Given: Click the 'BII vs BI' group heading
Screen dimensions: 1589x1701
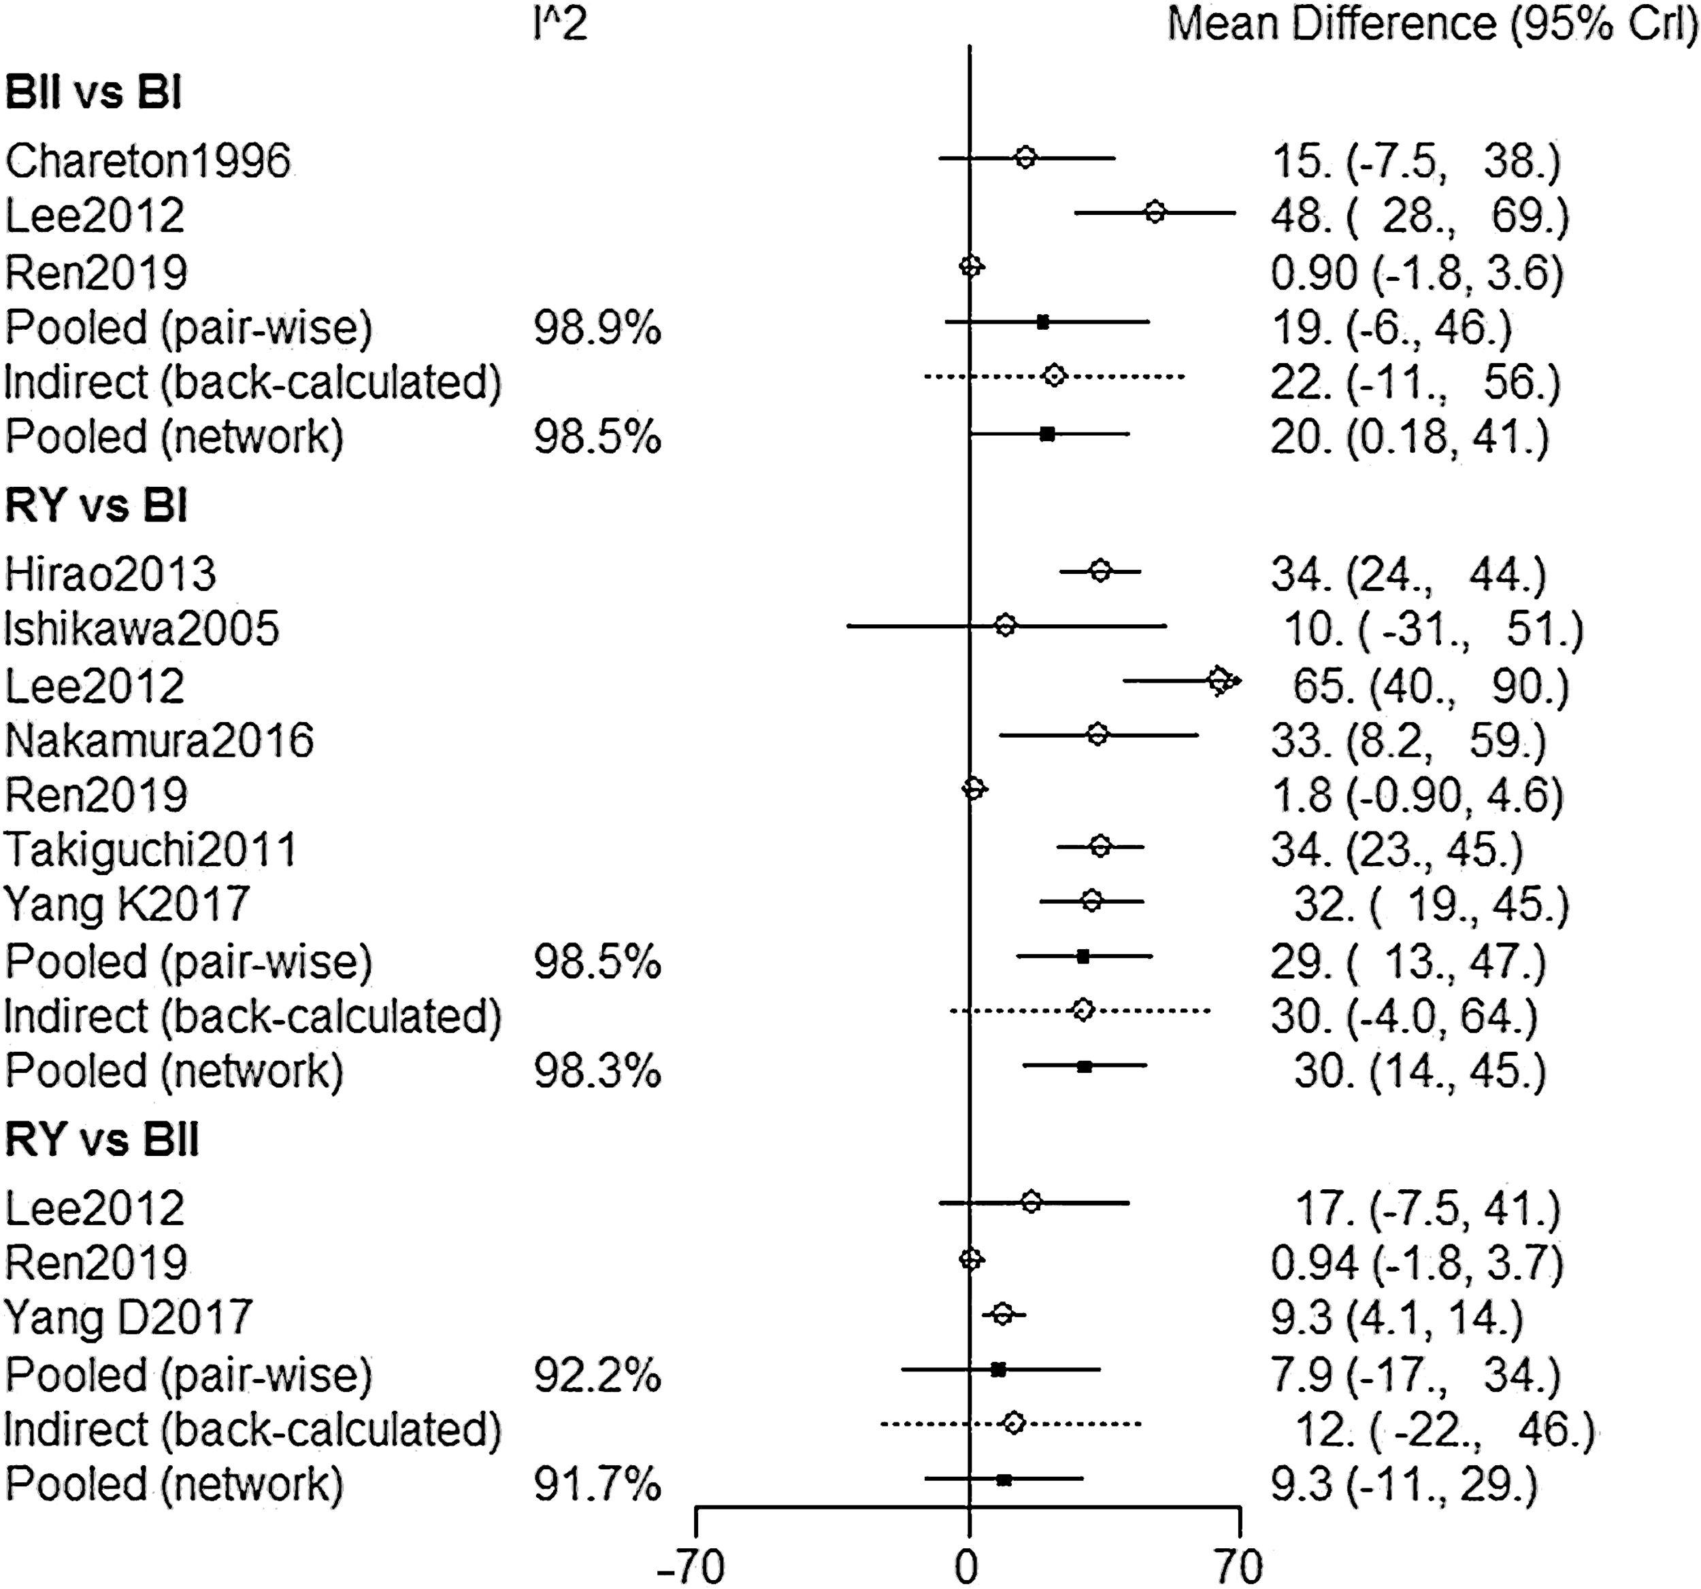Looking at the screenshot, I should [93, 93].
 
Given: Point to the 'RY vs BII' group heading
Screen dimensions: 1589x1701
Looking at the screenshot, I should [102, 1140].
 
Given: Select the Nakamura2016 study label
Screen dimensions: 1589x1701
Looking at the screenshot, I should [159, 740].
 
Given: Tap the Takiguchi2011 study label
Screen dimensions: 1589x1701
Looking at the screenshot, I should [150, 850].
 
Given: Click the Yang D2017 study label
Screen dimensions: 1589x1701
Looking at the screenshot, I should [129, 1317].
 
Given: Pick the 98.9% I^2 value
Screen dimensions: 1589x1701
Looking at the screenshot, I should [597, 328].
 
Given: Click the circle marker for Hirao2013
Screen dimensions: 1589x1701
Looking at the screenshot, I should [1101, 571].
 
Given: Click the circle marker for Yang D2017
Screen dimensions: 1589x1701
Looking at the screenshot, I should [1003, 1314].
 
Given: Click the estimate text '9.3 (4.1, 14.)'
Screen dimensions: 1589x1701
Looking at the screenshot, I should [1396, 1318].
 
